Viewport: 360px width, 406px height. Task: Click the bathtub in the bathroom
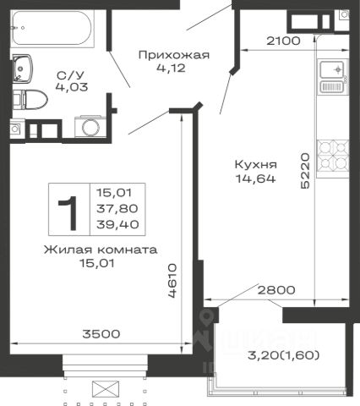(52, 28)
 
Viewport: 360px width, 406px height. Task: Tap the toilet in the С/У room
(30, 100)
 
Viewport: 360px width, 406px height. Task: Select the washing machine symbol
(90, 127)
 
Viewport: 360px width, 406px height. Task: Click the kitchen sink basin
(332, 69)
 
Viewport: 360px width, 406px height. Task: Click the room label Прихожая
(174, 55)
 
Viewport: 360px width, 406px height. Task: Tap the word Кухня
(256, 165)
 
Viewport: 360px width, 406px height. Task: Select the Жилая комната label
(101, 250)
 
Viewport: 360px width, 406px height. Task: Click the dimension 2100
(283, 41)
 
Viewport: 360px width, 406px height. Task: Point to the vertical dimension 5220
(305, 171)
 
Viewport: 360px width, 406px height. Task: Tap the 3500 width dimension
(101, 334)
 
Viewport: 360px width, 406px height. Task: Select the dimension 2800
(276, 290)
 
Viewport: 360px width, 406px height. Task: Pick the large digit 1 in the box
(68, 209)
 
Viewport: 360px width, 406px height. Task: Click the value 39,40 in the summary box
(117, 224)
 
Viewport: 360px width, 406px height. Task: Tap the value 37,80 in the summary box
(117, 209)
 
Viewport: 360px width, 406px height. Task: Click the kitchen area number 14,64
(255, 178)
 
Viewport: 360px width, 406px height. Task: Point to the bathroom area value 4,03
(72, 87)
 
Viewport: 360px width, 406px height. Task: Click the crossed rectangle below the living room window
(106, 389)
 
